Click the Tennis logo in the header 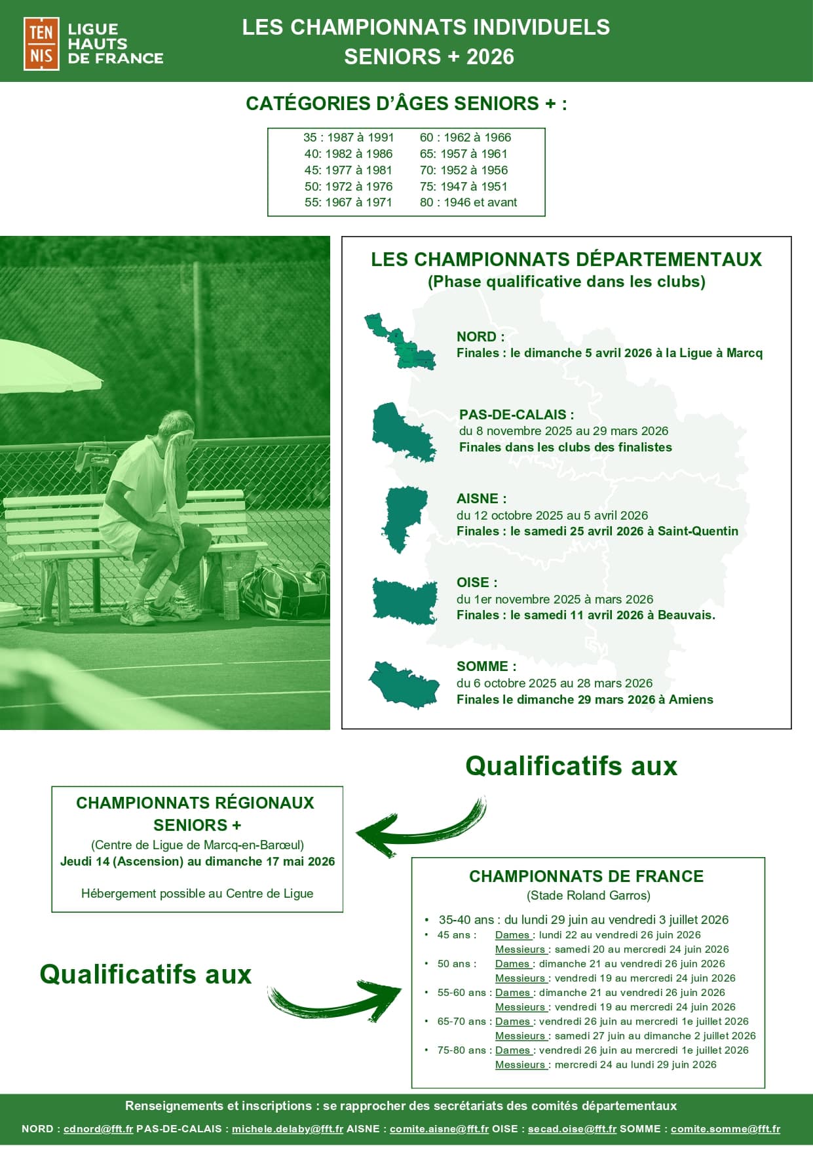point(41,44)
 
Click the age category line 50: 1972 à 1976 point(348,186)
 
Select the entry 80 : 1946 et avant point(468,202)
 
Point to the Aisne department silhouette point(404,518)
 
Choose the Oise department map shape point(404,600)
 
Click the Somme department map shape point(404,684)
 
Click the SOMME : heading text point(486,666)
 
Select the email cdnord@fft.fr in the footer point(98,1129)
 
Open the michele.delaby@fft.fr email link point(287,1129)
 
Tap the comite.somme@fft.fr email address point(725,1129)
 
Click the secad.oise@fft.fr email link point(572,1129)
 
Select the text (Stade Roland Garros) point(588,895)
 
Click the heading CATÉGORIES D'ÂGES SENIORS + point(406,104)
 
